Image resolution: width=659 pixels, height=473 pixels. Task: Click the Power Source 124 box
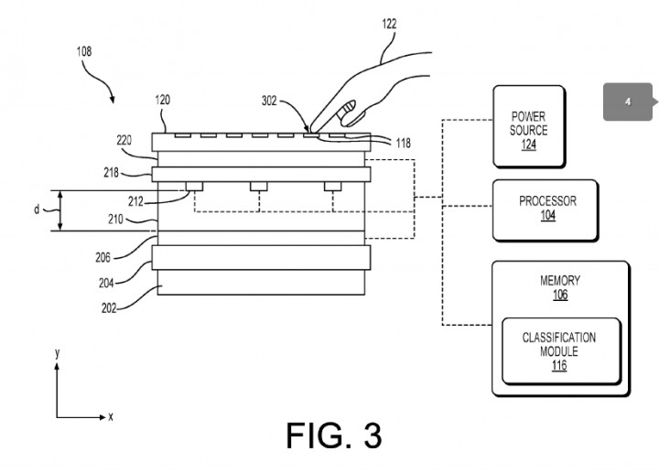[x=529, y=126]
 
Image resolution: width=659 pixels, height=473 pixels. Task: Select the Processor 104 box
[x=546, y=210]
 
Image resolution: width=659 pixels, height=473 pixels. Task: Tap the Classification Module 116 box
[x=561, y=351]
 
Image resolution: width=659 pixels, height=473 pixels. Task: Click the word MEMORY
[x=560, y=280]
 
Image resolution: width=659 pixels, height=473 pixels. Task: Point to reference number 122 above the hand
[x=389, y=24]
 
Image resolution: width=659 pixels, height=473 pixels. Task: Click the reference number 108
[x=84, y=51]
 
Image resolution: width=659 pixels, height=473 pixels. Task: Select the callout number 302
[x=269, y=101]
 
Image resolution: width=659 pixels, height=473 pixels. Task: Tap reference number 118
[x=403, y=144]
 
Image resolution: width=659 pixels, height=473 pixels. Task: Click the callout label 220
[x=124, y=140]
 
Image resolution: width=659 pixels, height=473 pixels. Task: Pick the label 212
[x=135, y=202]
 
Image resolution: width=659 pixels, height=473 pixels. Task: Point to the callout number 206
[x=103, y=257]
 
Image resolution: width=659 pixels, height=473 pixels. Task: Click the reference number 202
[x=109, y=308]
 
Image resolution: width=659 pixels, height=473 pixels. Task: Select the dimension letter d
[x=37, y=210]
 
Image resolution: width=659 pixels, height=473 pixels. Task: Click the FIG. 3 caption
[x=334, y=435]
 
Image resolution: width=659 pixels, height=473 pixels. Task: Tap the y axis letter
[x=57, y=353]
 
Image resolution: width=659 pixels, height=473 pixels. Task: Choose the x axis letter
[x=111, y=416]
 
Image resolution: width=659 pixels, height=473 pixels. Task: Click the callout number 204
[x=106, y=283]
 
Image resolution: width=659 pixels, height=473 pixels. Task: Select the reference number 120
[x=163, y=100]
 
